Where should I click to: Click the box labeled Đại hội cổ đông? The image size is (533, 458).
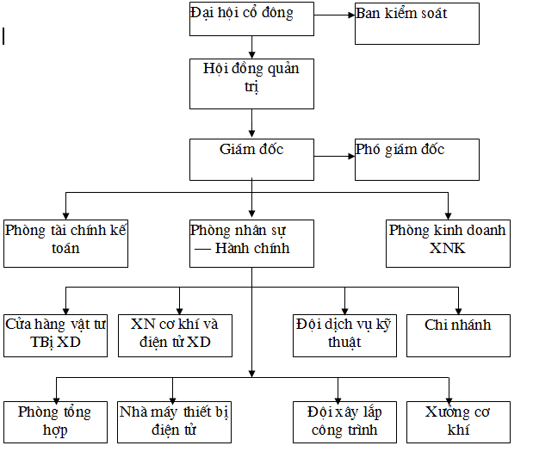(x=251, y=19)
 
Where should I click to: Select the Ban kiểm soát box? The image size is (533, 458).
(x=417, y=24)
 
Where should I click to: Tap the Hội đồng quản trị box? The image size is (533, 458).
(x=251, y=84)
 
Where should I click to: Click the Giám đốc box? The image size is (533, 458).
(x=251, y=159)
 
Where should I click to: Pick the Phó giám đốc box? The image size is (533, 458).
(x=417, y=159)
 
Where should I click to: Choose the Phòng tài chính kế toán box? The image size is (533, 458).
(x=65, y=244)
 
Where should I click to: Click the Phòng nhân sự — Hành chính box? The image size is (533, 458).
(x=251, y=244)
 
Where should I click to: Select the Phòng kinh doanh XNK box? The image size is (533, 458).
(x=448, y=244)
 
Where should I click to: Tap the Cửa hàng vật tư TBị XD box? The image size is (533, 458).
(x=55, y=336)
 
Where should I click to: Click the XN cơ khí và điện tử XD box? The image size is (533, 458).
(x=175, y=336)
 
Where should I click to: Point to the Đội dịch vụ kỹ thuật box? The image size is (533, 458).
(x=344, y=336)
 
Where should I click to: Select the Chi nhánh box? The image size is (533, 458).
(x=458, y=336)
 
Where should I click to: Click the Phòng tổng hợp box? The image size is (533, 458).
(x=55, y=423)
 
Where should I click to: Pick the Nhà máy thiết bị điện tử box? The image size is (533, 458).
(x=175, y=423)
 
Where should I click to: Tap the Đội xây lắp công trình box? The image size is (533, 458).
(x=344, y=423)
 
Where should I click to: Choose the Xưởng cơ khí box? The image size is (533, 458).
(x=458, y=423)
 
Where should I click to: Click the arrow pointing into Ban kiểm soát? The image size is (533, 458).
(x=334, y=15)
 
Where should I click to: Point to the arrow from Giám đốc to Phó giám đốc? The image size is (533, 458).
(x=334, y=157)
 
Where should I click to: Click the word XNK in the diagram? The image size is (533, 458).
(x=448, y=248)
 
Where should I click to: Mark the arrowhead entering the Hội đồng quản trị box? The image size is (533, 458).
(x=252, y=55)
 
